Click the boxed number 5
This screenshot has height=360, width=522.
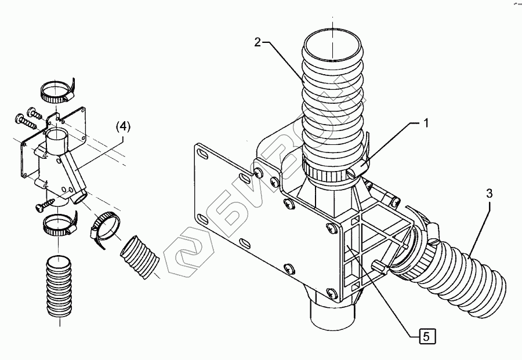click(426, 335)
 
